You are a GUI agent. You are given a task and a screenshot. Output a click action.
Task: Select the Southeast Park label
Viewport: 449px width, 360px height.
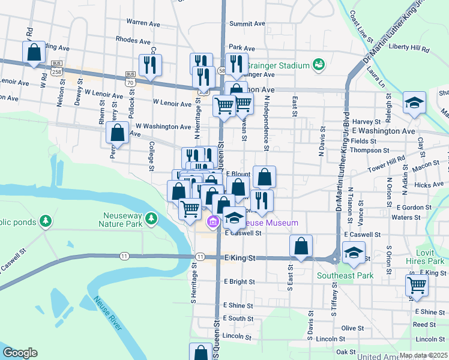[x=345, y=275]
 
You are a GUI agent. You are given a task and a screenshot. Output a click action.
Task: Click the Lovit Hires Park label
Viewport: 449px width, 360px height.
[x=429, y=257]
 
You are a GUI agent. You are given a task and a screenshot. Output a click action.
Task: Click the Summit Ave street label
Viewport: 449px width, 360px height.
[x=247, y=24]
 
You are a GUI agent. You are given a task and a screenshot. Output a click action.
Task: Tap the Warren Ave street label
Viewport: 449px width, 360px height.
[x=143, y=23]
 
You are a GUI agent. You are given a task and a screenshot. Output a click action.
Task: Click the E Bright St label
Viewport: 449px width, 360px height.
[x=240, y=281]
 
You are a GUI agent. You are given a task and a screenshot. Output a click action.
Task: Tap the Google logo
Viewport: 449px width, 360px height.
[x=20, y=353]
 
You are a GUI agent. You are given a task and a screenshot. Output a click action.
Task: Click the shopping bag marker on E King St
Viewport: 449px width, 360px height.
[x=301, y=247]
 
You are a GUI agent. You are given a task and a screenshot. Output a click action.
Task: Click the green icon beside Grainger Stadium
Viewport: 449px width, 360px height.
[x=318, y=65]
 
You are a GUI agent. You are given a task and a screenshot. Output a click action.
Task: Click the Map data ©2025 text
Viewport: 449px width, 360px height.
[x=423, y=355]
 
